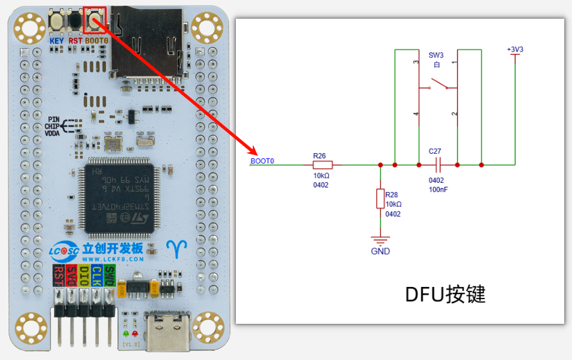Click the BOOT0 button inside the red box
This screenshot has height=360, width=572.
pyautogui.click(x=94, y=21)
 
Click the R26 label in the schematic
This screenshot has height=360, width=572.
pyautogui.click(x=320, y=155)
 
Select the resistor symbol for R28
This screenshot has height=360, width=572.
pyautogui.click(x=380, y=199)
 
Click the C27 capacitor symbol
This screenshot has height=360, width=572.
pyautogui.click(x=436, y=164)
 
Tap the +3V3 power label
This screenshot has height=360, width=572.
pyautogui.click(x=515, y=49)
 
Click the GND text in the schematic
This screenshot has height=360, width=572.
pyautogui.click(x=380, y=251)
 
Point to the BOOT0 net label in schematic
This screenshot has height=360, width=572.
pyautogui.click(x=262, y=161)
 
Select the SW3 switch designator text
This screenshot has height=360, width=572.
pyautogui.click(x=436, y=55)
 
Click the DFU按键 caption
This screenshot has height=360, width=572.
pyautogui.click(x=445, y=294)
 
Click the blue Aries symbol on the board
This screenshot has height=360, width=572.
pyautogui.click(x=176, y=248)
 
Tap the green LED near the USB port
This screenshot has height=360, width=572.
pyautogui.click(x=125, y=334)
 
